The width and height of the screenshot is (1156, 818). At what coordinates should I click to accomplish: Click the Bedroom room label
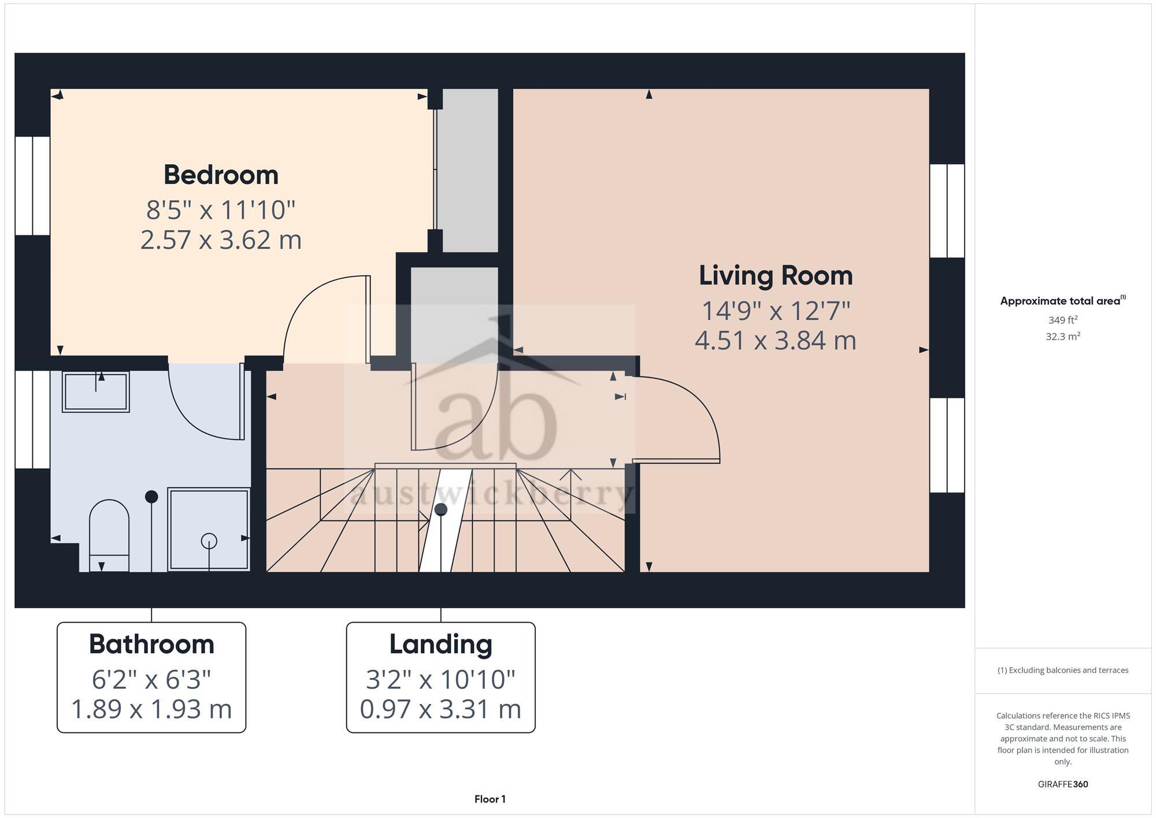(221, 175)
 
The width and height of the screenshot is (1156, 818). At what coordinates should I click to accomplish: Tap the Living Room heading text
(776, 275)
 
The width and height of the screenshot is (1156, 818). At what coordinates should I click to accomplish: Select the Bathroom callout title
(151, 644)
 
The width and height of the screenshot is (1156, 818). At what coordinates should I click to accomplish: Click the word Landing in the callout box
(440, 644)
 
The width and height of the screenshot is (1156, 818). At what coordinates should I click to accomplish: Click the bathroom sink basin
(96, 391)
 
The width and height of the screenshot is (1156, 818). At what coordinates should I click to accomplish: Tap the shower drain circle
(209, 541)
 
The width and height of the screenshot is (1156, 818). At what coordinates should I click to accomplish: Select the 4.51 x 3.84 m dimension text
(776, 340)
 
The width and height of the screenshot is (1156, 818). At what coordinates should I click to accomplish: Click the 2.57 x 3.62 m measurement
(221, 240)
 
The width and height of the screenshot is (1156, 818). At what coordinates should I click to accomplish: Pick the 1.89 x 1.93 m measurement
(151, 709)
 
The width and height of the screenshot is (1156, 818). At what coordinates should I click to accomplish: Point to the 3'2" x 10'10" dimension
(440, 679)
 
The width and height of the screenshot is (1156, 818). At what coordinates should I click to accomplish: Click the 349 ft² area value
(1062, 320)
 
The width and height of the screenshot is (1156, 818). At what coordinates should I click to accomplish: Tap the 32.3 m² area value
(1062, 336)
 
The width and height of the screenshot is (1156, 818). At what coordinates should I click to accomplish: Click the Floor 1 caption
(490, 799)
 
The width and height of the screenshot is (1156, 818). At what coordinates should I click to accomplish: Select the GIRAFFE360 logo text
(1062, 784)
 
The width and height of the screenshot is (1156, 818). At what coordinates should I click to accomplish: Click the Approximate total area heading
(1062, 301)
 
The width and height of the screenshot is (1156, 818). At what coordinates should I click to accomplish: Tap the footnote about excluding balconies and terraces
(1062, 671)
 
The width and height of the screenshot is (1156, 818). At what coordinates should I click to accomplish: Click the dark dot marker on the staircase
(441, 509)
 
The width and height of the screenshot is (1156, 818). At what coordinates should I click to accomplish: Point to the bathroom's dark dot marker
(151, 496)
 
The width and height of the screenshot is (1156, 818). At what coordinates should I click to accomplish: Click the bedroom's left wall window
(32, 186)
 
